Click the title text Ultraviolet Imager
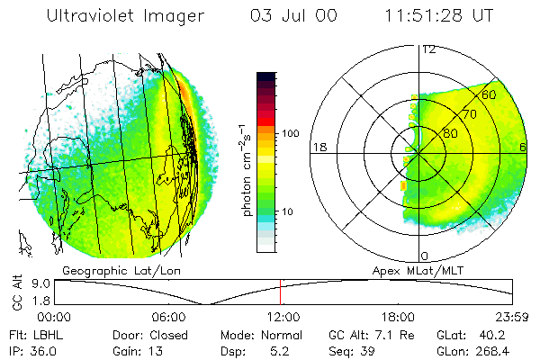tap(125, 17)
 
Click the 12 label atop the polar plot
tap(428, 49)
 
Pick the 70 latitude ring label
tap(468, 114)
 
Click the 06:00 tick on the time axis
tap(169, 317)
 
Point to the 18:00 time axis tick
tap(398, 317)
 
